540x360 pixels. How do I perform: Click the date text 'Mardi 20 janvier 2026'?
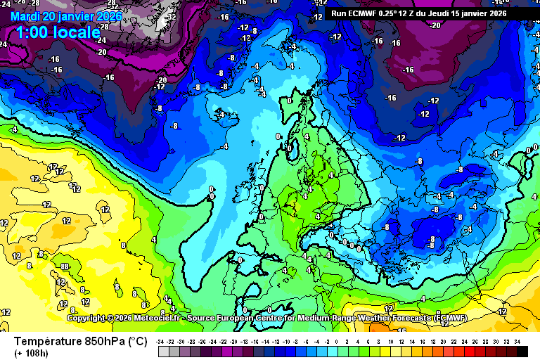66,16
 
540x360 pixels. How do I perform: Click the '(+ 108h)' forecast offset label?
32,352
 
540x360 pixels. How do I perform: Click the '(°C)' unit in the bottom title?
137,341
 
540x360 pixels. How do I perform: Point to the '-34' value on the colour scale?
161,342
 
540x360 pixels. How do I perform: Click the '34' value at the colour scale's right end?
517,342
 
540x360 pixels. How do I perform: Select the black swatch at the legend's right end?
522,351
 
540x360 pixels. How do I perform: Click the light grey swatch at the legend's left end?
163,351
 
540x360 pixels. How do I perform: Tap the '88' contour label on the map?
64,266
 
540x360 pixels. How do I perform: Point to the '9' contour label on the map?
116,287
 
